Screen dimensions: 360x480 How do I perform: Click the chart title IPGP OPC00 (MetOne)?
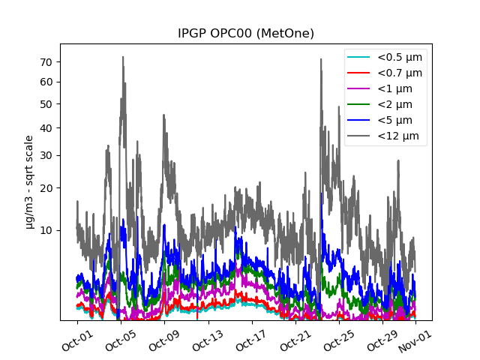245,34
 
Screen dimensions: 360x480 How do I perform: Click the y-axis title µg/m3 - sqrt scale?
29,181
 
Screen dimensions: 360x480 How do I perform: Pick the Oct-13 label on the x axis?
206,339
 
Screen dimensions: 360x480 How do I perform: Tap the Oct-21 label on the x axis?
293,339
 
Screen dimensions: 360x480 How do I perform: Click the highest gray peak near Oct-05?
123,57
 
